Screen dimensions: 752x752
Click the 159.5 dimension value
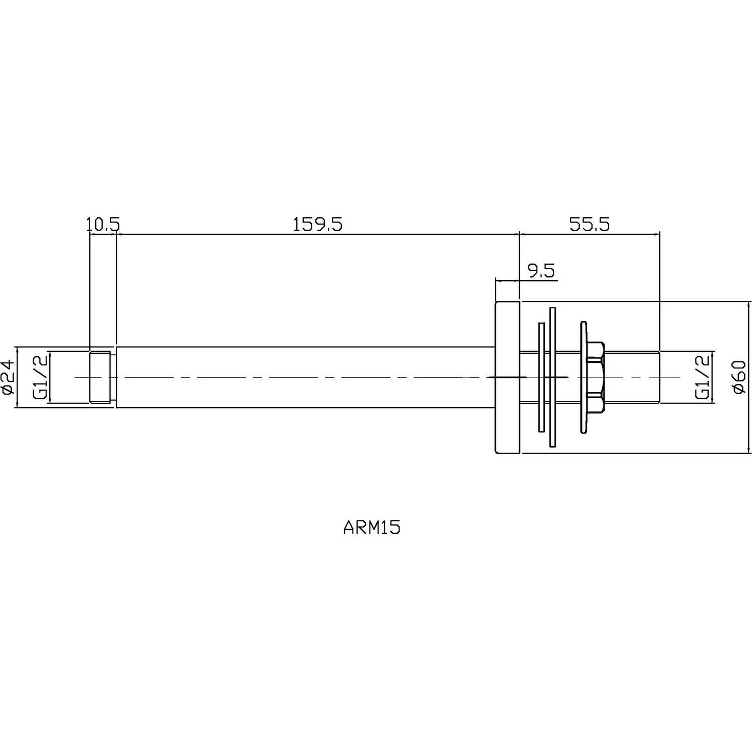pyautogui.click(x=317, y=224)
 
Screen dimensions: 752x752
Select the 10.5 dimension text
pyautogui.click(x=103, y=224)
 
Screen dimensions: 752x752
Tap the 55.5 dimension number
pyautogui.click(x=590, y=224)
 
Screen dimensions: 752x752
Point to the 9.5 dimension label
pyautogui.click(x=541, y=271)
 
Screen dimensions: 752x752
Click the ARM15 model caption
pyautogui.click(x=372, y=528)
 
